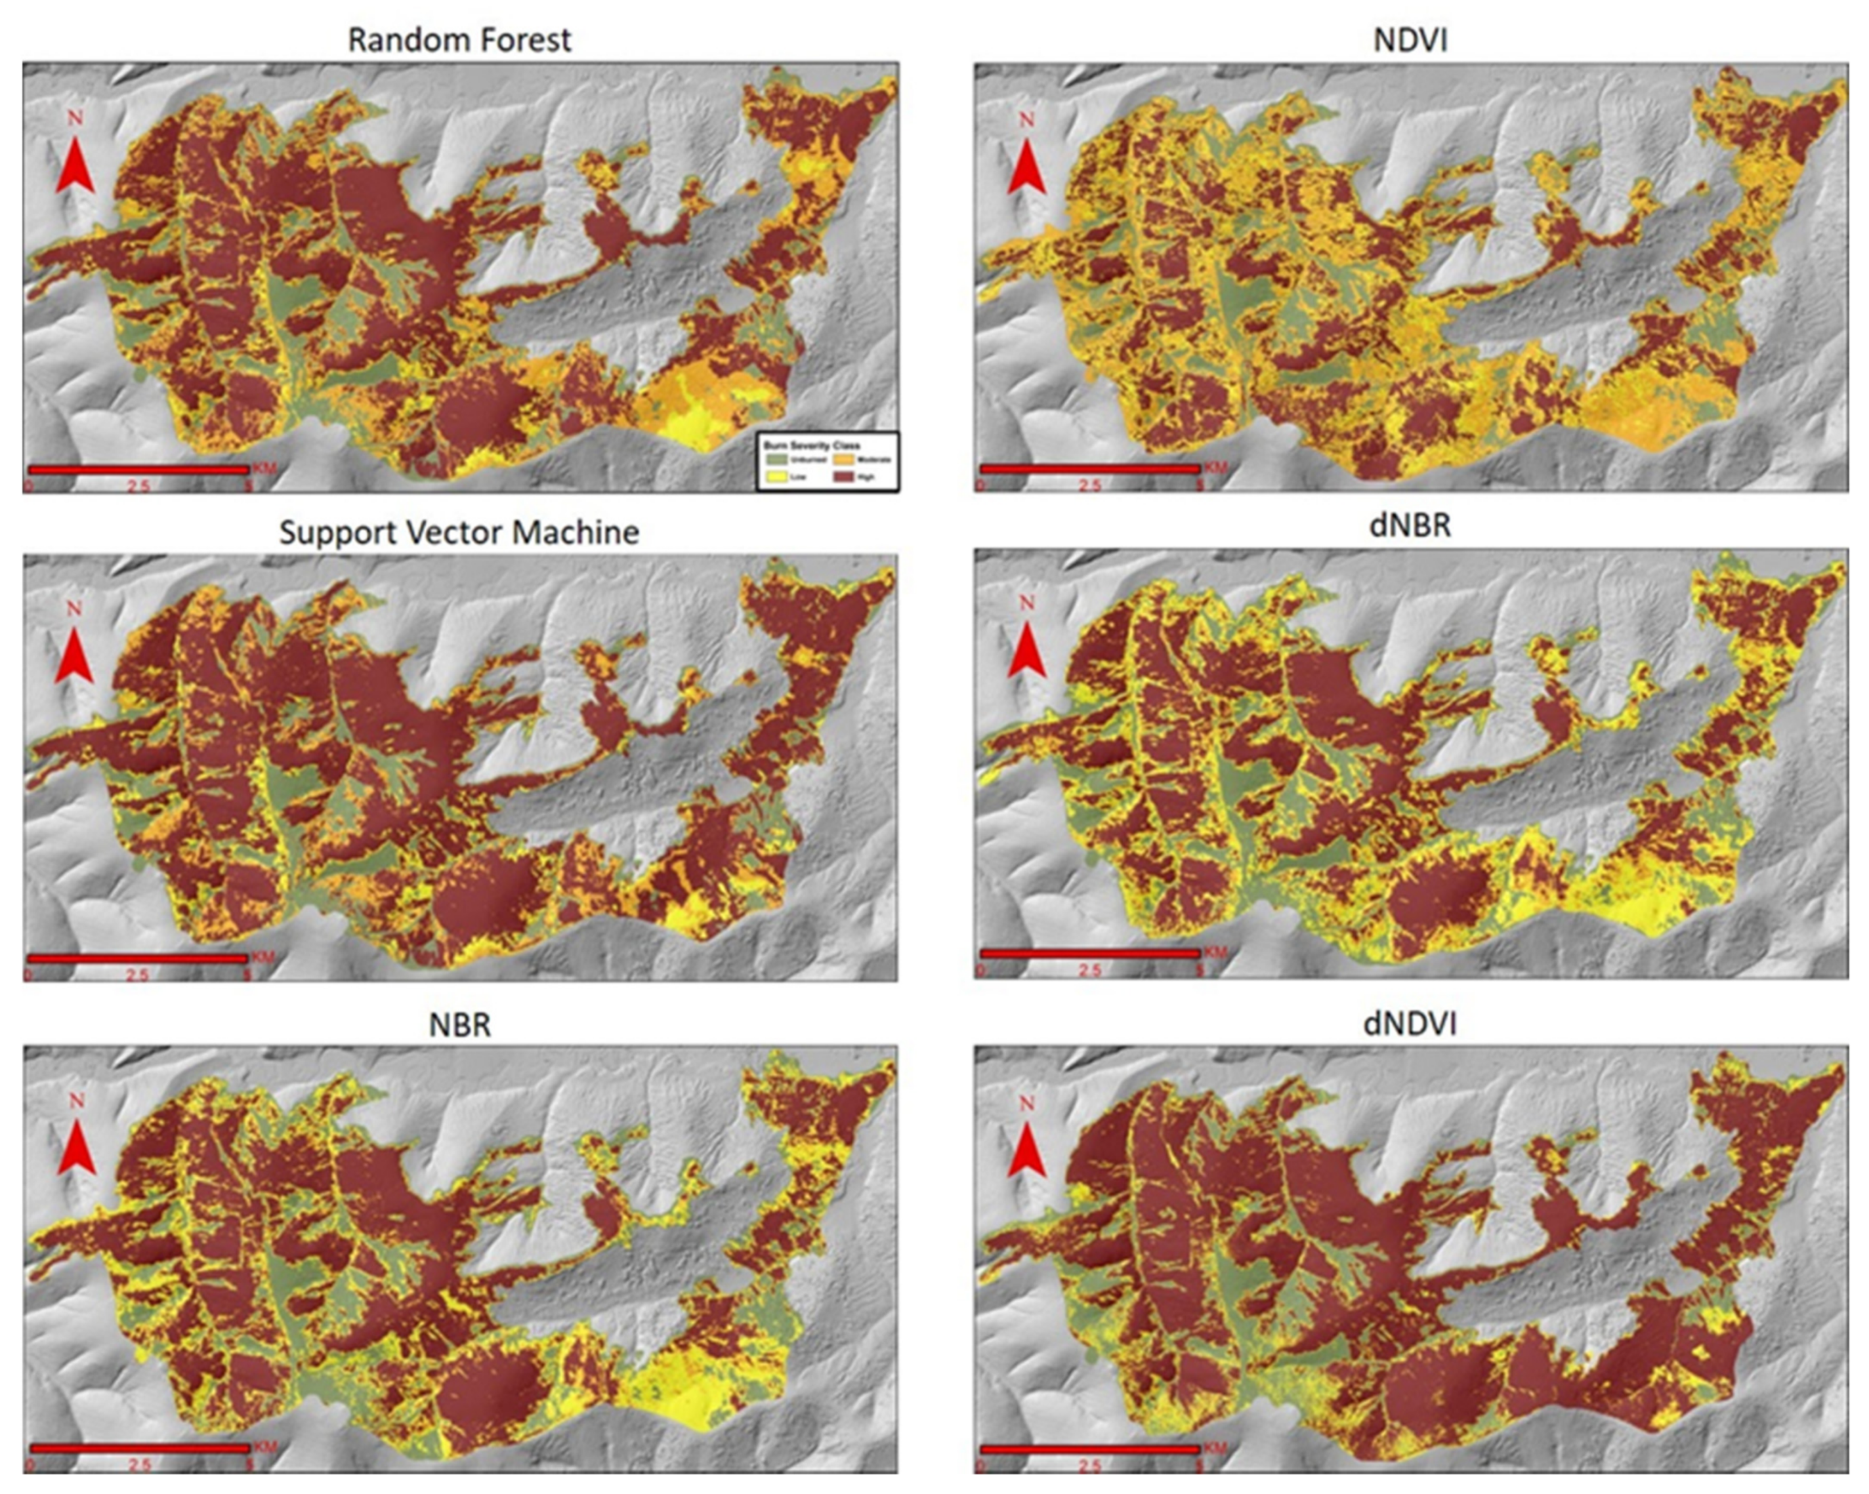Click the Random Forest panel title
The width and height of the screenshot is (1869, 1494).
point(459,40)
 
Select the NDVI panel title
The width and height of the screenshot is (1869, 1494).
point(1410,40)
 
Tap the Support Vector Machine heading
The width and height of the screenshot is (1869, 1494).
point(459,532)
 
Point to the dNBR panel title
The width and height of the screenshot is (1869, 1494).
point(1410,525)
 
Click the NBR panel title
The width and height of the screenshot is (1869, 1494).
point(459,1024)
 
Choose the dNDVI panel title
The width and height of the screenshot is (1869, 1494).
point(1410,1024)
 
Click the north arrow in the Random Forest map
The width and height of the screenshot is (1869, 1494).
point(75,160)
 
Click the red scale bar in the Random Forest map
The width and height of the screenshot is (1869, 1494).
point(138,470)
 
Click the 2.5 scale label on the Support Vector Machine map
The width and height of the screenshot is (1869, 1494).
point(138,975)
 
